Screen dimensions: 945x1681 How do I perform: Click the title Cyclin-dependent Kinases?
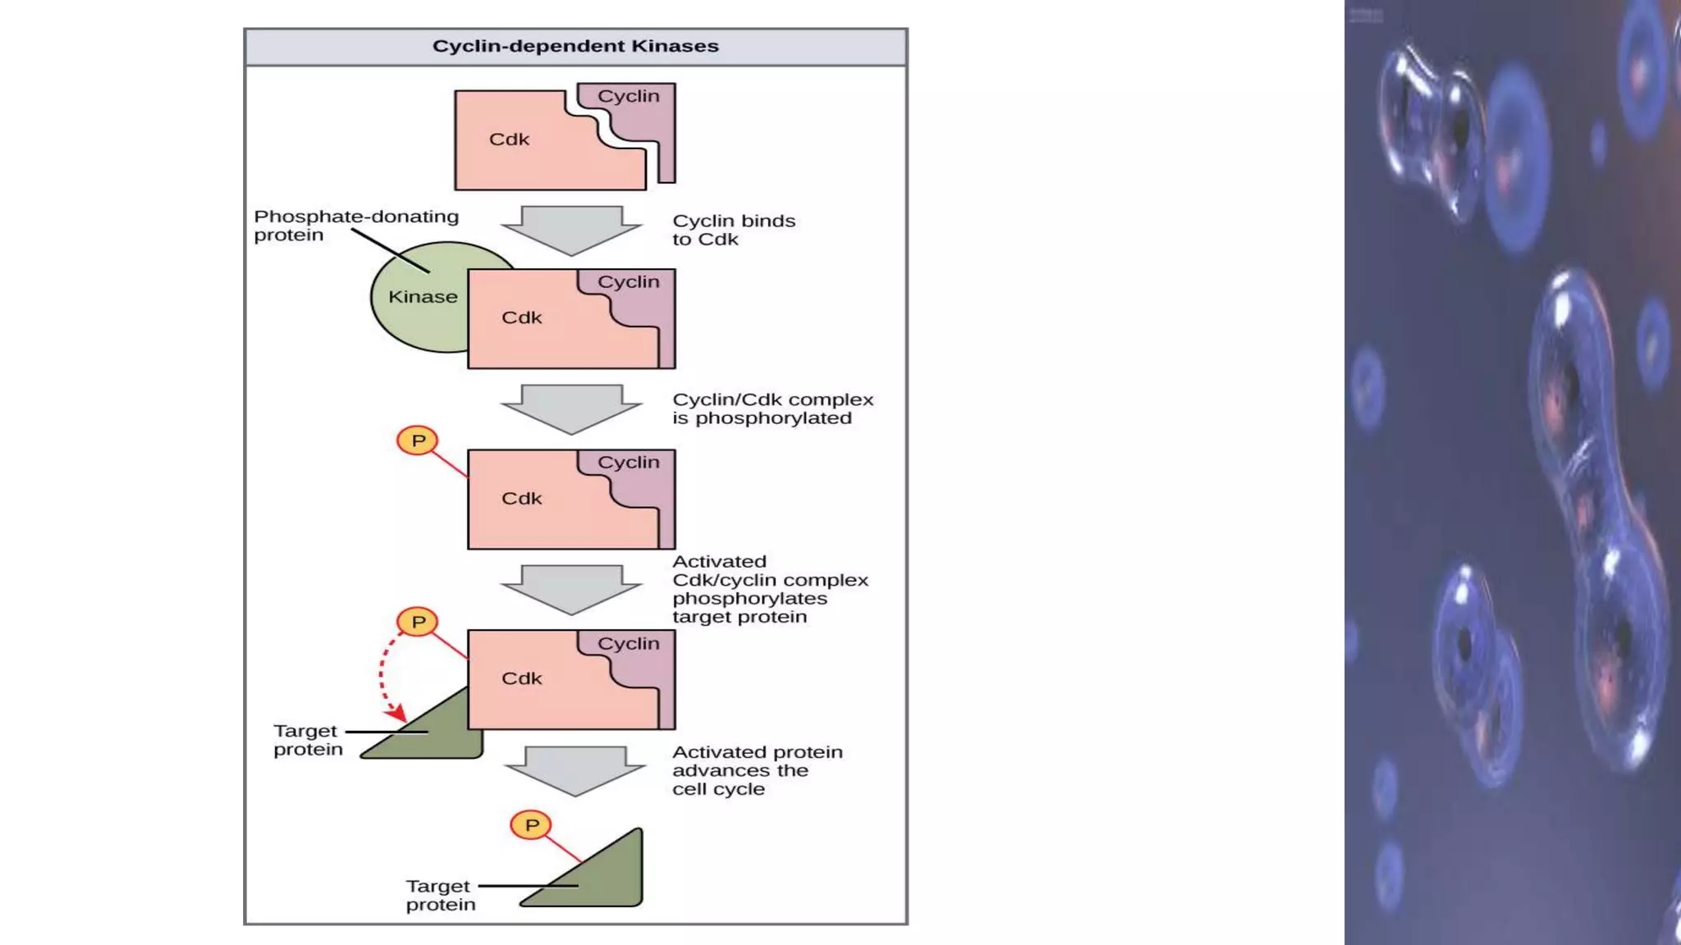575,46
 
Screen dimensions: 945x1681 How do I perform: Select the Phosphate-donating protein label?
356,226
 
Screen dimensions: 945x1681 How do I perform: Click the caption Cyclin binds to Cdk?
733,230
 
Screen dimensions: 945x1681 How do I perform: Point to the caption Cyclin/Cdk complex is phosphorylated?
772,409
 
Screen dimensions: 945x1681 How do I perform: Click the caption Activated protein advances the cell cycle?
757,770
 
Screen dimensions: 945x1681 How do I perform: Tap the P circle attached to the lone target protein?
531,825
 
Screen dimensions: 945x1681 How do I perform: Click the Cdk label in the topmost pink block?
509,139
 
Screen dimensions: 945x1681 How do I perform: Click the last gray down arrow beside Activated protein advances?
575,769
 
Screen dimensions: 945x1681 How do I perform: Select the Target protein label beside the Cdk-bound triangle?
308,740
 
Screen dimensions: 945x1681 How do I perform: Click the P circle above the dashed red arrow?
418,622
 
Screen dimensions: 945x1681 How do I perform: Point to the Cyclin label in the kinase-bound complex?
628,282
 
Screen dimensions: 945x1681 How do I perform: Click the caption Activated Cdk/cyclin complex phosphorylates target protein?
769,589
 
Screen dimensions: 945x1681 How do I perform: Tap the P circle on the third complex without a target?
418,441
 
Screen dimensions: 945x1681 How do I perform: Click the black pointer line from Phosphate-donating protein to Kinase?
390,250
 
